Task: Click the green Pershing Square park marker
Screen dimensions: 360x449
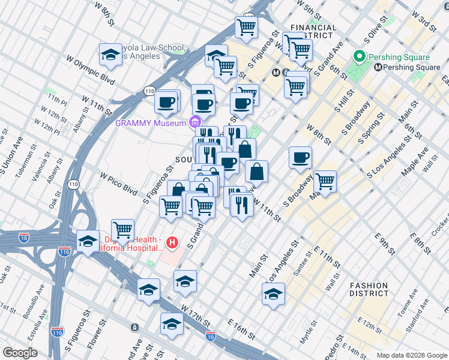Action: point(360,57)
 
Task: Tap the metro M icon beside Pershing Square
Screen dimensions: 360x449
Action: point(378,67)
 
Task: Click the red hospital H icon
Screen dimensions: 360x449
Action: point(172,243)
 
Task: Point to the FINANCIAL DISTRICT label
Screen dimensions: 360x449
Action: point(313,31)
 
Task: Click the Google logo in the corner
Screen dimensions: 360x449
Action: point(20,353)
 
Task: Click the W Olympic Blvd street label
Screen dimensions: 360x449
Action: point(90,70)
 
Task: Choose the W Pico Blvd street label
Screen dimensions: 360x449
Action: point(119,183)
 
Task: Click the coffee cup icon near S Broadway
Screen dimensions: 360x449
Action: point(300,158)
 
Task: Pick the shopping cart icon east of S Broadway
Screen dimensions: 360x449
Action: point(324,181)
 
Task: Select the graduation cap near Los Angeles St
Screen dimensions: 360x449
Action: point(273,294)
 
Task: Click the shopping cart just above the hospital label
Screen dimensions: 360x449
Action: point(122,229)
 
